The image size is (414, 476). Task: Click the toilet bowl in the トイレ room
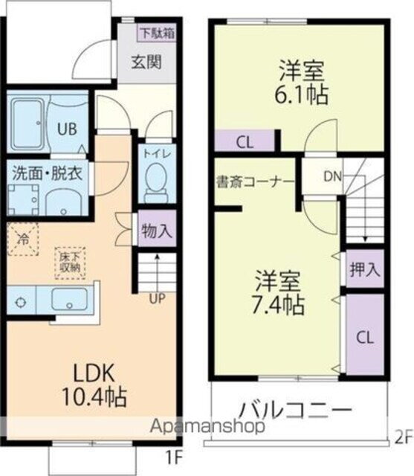click(x=156, y=181)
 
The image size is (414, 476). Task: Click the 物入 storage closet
click(x=156, y=231)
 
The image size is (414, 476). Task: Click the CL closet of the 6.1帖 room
click(x=244, y=141)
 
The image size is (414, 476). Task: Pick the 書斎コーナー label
click(x=256, y=181)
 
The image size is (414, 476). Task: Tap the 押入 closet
click(x=365, y=269)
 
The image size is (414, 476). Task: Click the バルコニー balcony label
click(x=294, y=411)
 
